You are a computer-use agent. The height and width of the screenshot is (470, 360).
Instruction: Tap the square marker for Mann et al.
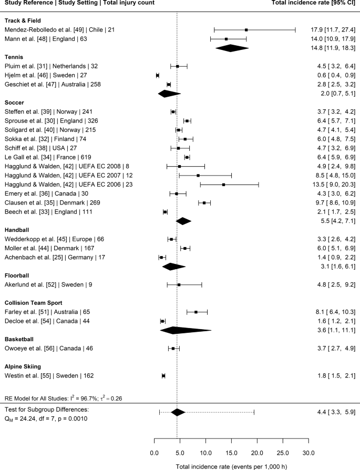pyautogui.click(x=226, y=39)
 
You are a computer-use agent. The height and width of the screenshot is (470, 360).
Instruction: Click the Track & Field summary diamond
pyautogui.click(x=231, y=48)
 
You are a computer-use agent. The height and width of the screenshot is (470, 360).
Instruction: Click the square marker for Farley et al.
pyautogui.click(x=196, y=312)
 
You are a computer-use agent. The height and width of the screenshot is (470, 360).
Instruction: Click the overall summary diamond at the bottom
pyautogui.click(x=178, y=412)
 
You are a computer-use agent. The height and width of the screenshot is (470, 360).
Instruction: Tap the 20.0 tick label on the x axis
pyautogui.click(x=257, y=453)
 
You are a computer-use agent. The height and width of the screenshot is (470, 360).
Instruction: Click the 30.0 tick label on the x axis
pyautogui.click(x=308, y=453)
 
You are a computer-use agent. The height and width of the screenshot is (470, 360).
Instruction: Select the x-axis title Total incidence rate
pyautogui.click(x=231, y=466)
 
